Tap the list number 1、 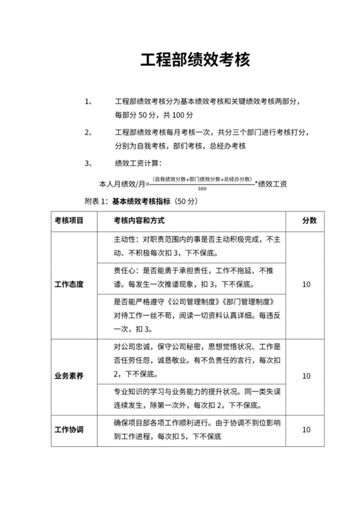(x=90, y=102)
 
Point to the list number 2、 (x=90, y=132)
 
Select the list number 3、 (x=90, y=163)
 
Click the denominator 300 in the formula (x=203, y=189)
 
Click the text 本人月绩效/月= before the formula (x=123, y=184)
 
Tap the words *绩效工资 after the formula (x=271, y=184)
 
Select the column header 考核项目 (x=69, y=220)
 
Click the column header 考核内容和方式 (x=139, y=220)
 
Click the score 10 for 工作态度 (x=307, y=283)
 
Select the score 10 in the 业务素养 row (x=307, y=376)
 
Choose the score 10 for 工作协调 (x=307, y=429)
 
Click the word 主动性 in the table (x=126, y=239)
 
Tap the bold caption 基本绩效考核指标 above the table (x=141, y=201)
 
